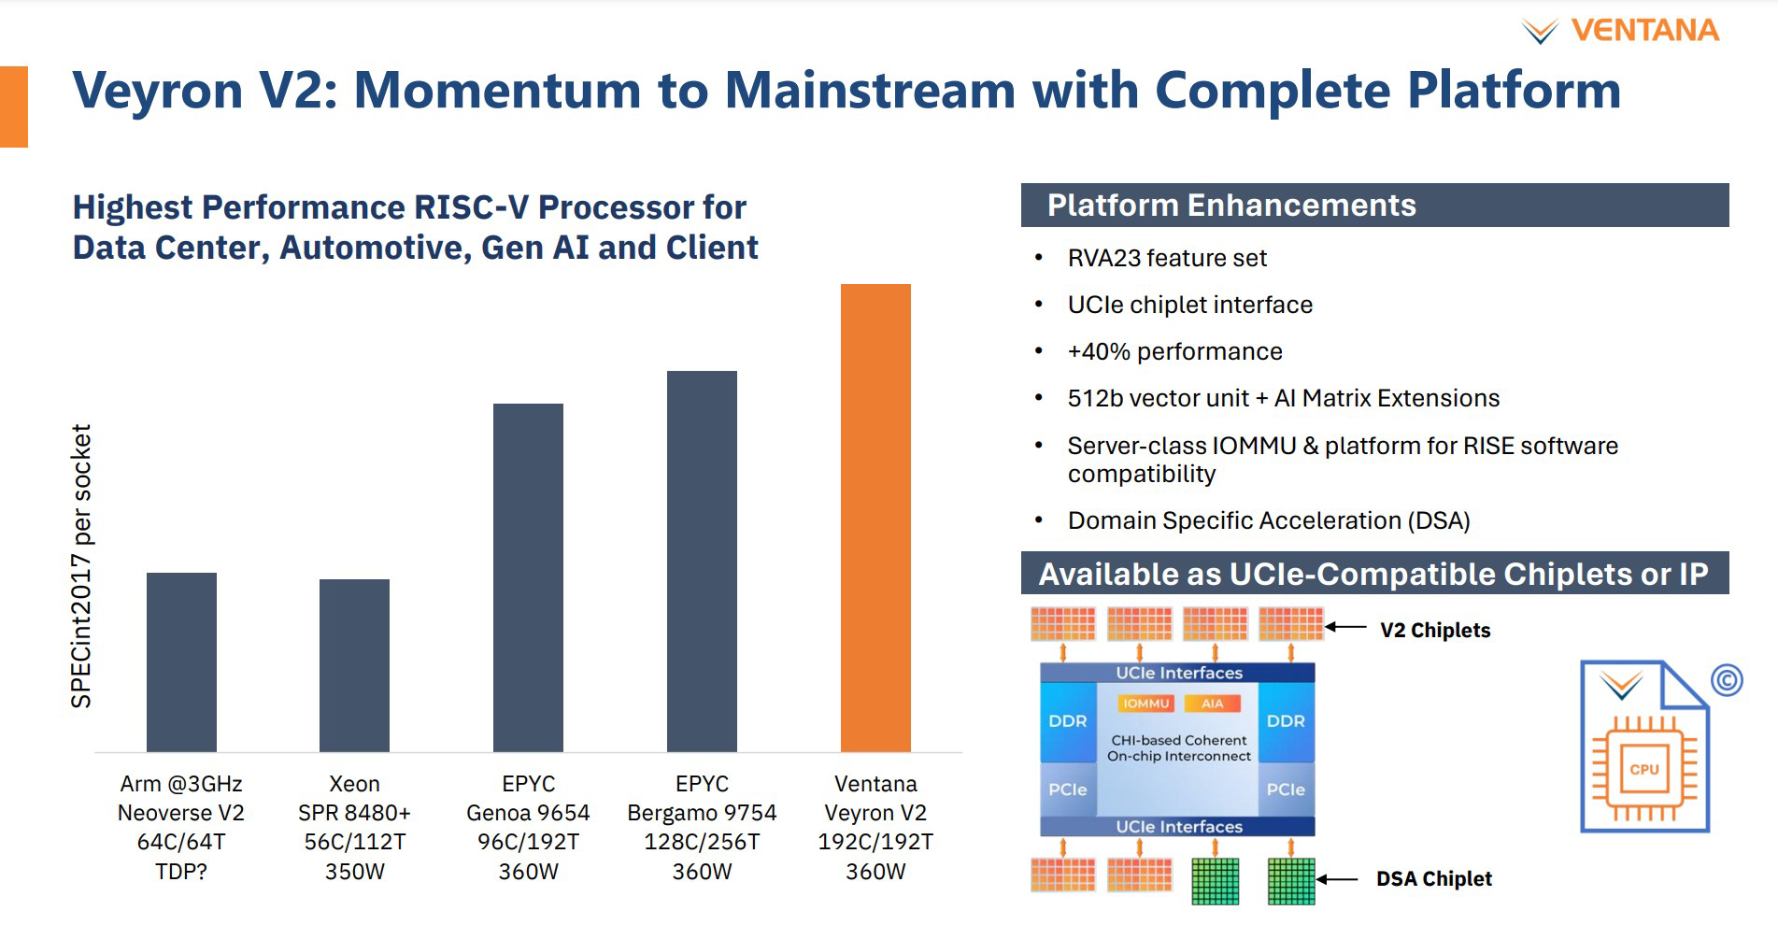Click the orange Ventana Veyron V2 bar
(875, 518)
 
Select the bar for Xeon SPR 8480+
(354, 665)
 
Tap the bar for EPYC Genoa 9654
(528, 577)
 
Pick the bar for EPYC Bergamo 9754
(702, 562)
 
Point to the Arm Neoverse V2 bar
(181, 662)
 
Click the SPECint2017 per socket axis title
(82, 566)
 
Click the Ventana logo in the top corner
(1620, 31)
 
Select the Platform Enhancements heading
(1231, 206)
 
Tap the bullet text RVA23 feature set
(1167, 258)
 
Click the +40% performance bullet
(1174, 351)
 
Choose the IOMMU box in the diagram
(1146, 704)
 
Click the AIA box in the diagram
(1213, 704)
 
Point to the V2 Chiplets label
(1435, 631)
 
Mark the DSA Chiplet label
(1434, 879)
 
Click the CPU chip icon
(1644, 769)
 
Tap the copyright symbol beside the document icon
(1727, 680)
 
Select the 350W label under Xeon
(354, 872)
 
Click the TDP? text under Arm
(181, 872)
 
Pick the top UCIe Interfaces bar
(1177, 673)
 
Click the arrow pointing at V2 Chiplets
(1346, 627)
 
